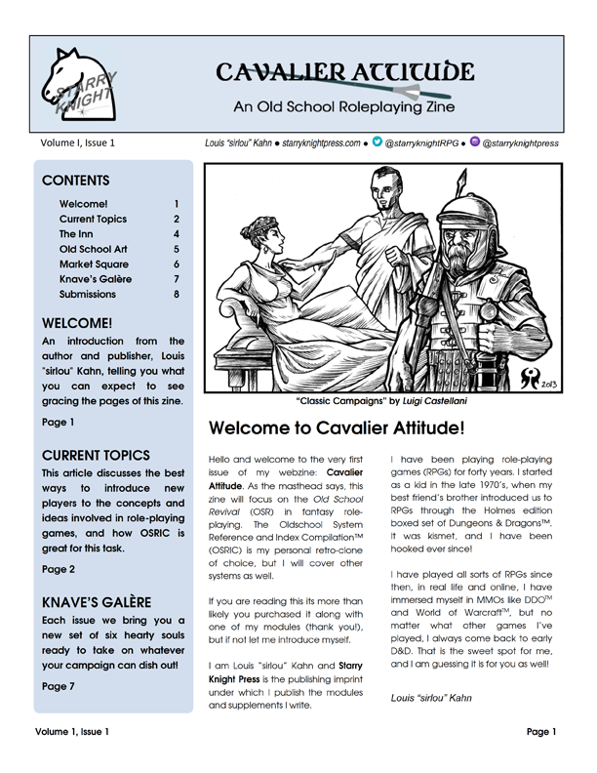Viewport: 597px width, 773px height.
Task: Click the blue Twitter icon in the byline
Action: [x=377, y=142]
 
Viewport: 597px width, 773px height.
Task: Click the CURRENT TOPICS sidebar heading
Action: [x=96, y=455]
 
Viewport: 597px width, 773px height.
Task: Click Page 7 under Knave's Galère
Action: [x=60, y=686]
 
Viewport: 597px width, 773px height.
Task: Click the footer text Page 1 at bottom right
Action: [x=540, y=757]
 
